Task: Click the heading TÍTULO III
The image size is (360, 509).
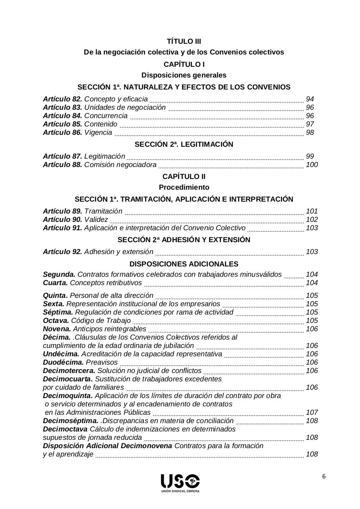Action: (x=184, y=41)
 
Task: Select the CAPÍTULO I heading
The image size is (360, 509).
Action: (x=184, y=64)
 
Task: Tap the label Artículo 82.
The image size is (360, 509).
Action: (x=62, y=99)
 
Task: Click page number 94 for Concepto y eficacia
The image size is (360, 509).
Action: (x=310, y=99)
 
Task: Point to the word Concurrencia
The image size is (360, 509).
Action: (x=106, y=116)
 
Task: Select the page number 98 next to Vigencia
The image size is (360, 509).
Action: (x=310, y=132)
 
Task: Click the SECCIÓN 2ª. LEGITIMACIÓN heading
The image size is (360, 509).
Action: (x=184, y=144)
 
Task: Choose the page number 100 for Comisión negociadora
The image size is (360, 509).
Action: (x=312, y=165)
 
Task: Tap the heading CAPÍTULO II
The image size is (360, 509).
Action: (x=184, y=177)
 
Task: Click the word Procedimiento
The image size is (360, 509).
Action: (x=184, y=187)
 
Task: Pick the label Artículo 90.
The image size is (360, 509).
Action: (x=62, y=220)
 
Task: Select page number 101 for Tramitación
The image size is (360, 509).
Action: (x=312, y=211)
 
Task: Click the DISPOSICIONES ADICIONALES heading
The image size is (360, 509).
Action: (x=184, y=264)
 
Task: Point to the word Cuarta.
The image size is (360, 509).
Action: (x=55, y=283)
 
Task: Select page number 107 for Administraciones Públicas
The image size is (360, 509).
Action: (x=312, y=412)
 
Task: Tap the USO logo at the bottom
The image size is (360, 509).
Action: (x=180, y=482)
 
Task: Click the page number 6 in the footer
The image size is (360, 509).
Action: (x=324, y=477)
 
